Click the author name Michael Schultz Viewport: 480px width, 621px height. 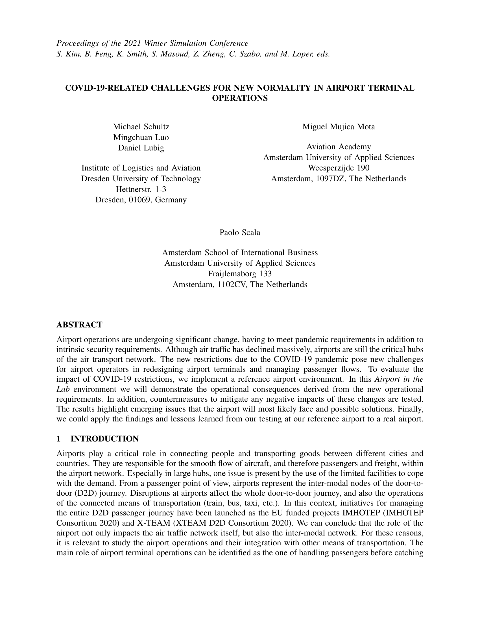click(141, 126)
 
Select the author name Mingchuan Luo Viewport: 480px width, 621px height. click(141, 137)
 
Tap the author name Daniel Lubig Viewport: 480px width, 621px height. click(141, 148)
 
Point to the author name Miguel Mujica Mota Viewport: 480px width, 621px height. click(338, 126)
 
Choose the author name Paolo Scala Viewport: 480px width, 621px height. click(240, 232)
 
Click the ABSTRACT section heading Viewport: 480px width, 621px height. click(79, 324)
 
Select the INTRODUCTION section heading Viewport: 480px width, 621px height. click(104, 439)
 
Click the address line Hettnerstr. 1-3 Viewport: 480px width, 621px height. click(141, 189)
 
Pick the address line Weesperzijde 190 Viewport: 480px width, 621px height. click(338, 168)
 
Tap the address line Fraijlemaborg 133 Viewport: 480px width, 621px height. click(240, 274)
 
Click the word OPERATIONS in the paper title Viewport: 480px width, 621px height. click(240, 98)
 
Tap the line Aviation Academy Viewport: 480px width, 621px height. click(338, 147)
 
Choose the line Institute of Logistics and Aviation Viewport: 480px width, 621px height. click(141, 168)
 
